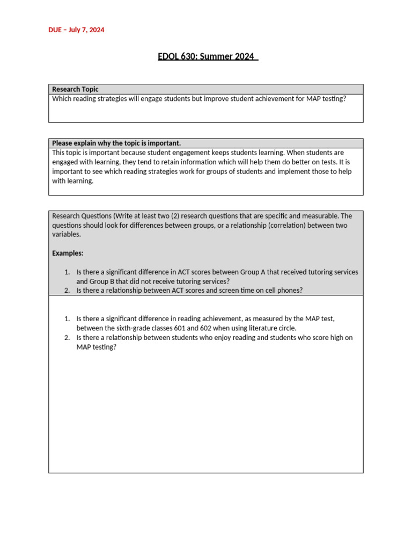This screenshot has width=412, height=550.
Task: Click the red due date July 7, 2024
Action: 76,30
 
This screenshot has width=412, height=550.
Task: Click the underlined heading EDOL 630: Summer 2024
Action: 208,56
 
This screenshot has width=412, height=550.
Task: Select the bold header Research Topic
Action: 75,89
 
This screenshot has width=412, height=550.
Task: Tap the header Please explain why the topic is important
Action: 116,143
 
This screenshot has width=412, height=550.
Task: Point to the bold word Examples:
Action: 68,253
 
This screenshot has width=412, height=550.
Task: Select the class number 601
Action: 181,328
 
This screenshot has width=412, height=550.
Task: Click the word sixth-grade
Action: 134,328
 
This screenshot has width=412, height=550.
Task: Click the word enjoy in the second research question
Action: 183,338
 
